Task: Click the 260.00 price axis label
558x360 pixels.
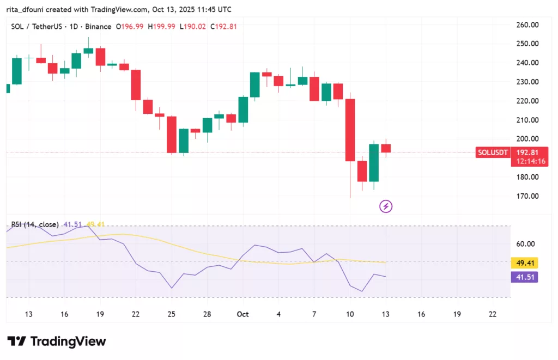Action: pyautogui.click(x=527, y=25)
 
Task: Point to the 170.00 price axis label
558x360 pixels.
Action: pyautogui.click(x=527, y=196)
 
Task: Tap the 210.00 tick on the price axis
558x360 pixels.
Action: pyautogui.click(x=527, y=120)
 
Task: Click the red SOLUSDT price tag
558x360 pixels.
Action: pyautogui.click(x=492, y=152)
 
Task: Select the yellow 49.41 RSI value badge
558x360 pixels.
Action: pyautogui.click(x=526, y=263)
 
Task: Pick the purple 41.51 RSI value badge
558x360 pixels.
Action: pyautogui.click(x=526, y=277)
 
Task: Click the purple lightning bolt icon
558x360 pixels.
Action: pyautogui.click(x=386, y=206)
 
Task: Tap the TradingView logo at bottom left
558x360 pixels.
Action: pyautogui.click(x=57, y=341)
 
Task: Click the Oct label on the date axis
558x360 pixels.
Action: pyautogui.click(x=242, y=314)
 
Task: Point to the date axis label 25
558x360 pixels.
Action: pyautogui.click(x=172, y=314)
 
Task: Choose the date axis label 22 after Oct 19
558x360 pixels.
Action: pyautogui.click(x=493, y=314)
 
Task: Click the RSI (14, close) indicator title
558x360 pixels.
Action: pyautogui.click(x=35, y=224)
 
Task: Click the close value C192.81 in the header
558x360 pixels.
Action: pyautogui.click(x=225, y=27)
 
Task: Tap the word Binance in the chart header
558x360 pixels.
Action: pyautogui.click(x=99, y=27)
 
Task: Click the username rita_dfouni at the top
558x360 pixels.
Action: pyautogui.click(x=29, y=9)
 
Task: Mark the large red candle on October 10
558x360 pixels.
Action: pyautogui.click(x=350, y=130)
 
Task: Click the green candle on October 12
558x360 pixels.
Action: pyautogui.click(x=374, y=162)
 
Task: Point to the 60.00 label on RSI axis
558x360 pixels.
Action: pyautogui.click(x=527, y=244)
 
